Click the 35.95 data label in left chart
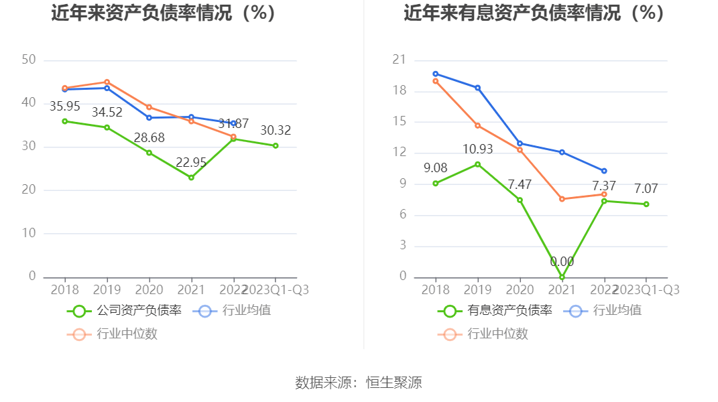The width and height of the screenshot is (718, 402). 64,106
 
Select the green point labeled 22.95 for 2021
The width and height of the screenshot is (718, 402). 191,178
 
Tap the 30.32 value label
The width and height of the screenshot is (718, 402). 275,130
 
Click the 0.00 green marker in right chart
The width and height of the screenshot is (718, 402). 562,277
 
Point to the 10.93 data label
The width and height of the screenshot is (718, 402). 477,149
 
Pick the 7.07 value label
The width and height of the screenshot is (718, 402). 646,189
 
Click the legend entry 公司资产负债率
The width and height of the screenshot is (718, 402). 124,310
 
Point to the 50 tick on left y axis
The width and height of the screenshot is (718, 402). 29,60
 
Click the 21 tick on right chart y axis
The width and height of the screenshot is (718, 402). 400,60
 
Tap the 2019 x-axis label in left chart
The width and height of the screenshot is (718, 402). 107,289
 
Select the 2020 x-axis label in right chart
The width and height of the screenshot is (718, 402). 520,289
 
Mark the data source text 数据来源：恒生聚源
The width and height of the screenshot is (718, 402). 359,383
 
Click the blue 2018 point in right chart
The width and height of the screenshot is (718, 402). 435,74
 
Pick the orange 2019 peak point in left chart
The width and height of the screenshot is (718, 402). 107,82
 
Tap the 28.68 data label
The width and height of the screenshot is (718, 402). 149,137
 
